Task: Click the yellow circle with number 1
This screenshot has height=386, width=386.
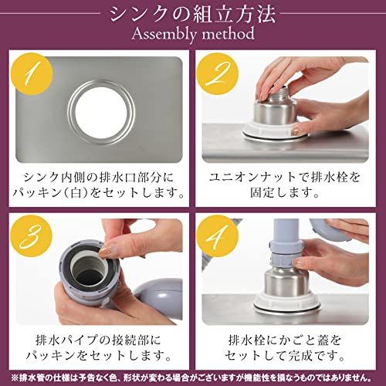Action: [33, 74]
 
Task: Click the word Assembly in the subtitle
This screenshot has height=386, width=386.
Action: [164, 35]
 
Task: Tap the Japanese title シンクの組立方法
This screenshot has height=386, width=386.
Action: [193, 15]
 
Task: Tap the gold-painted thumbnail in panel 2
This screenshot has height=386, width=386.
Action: [296, 131]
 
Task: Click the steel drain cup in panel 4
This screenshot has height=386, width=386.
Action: [285, 282]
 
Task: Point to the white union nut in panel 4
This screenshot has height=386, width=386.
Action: [286, 301]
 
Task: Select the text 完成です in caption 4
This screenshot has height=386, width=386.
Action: [312, 356]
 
